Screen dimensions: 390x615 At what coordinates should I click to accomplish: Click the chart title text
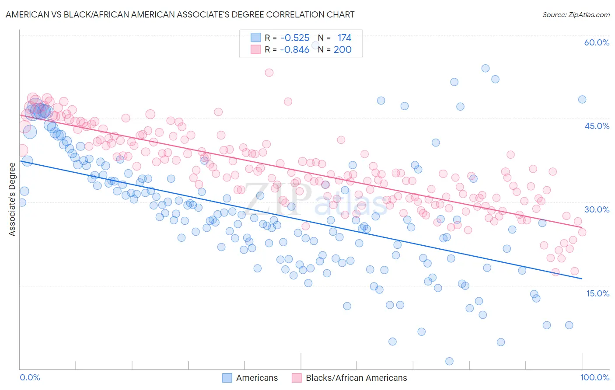coord(180,14)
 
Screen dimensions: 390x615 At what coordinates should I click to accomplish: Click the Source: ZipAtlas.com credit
coord(576,14)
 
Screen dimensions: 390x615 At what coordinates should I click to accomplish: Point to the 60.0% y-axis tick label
coord(597,42)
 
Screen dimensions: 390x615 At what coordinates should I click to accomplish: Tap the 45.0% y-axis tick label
coord(597,126)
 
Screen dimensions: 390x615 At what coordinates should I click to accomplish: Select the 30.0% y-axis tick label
coord(597,209)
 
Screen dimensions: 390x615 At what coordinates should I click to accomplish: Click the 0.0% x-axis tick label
coord(30,377)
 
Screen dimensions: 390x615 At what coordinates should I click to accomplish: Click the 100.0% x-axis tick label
coord(594,377)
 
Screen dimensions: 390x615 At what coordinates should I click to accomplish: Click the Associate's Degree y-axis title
coord(12,199)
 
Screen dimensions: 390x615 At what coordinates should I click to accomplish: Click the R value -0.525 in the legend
coord(295,38)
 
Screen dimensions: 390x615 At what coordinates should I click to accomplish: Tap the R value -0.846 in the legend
coord(295,49)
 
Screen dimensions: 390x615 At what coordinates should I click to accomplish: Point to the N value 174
coord(344,38)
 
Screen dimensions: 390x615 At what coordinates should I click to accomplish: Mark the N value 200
coord(342,49)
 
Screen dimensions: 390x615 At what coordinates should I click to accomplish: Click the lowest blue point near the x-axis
coord(449,361)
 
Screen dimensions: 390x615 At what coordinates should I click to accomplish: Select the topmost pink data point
coord(269,73)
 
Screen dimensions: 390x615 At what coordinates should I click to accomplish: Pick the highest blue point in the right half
coord(485,68)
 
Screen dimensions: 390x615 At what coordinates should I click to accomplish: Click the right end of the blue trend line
coord(582,279)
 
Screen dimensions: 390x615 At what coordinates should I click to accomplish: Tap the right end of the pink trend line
coord(582,226)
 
